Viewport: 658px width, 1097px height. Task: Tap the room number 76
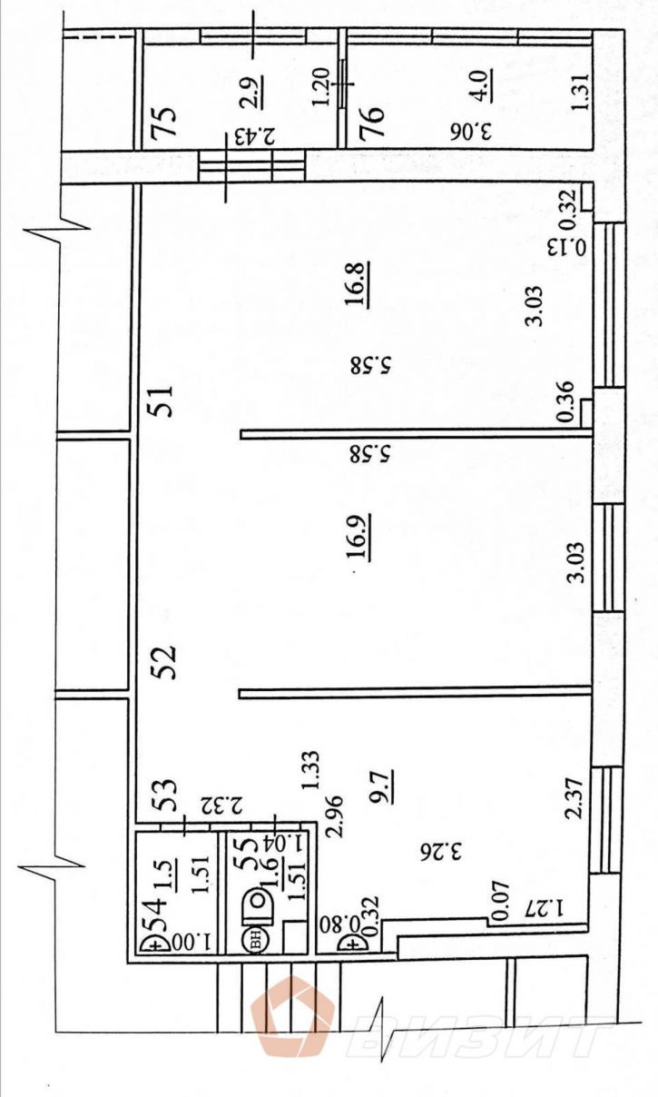[371, 123]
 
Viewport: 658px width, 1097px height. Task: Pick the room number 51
[162, 401]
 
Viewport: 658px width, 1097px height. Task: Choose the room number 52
[162, 662]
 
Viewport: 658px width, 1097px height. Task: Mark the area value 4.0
[477, 86]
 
